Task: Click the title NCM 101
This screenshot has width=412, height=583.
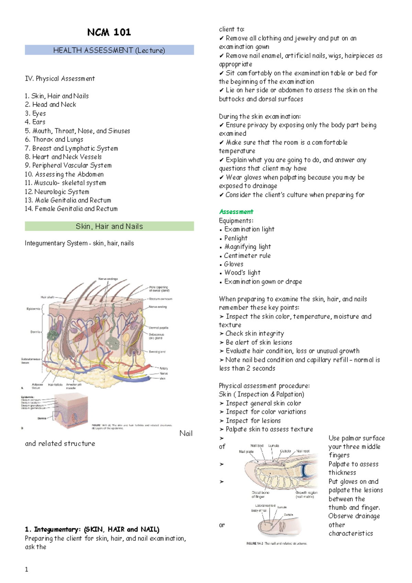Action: pos(109,32)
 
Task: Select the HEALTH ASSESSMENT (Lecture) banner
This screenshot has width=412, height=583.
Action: pos(109,50)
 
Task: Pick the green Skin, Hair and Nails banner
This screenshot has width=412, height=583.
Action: pos(109,226)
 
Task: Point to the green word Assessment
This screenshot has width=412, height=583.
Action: pos(236,212)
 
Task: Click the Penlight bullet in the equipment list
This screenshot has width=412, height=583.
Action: pos(236,238)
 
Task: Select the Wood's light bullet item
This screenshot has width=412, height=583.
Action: pos(242,273)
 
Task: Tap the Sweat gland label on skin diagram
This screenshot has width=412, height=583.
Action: pos(157,352)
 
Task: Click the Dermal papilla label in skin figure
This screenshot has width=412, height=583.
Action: pos(158,328)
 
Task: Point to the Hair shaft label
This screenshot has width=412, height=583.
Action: pos(47,297)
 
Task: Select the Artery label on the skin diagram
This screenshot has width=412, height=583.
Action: pos(163,368)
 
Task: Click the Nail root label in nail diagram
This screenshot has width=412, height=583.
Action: pos(303,451)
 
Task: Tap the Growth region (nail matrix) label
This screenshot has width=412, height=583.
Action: pos(306,494)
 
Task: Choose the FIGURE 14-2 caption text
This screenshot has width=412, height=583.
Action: pos(276,544)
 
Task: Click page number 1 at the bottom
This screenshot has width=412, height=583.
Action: pos(26,569)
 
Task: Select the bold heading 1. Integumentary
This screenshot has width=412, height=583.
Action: pos(92,529)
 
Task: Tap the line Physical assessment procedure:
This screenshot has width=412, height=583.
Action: pos(264,386)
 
